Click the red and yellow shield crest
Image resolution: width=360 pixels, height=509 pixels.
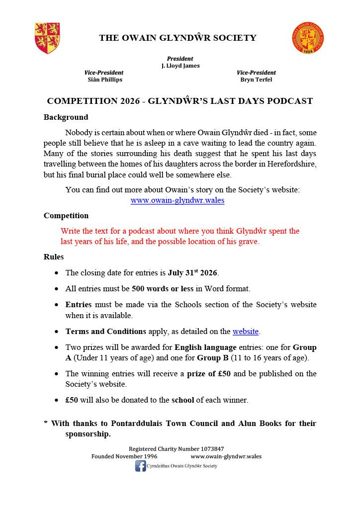coord(47,38)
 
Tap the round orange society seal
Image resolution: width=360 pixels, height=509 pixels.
coord(308,38)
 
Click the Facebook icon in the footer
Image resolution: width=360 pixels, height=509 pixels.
coord(141,466)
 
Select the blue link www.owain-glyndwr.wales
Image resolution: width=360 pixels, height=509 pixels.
coord(178,200)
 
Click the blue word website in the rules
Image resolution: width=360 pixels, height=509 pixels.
coord(246,331)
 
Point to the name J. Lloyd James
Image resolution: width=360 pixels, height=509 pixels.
coord(180,66)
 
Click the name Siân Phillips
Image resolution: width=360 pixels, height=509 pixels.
coord(104,80)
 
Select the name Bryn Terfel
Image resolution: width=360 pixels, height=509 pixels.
coord(256,80)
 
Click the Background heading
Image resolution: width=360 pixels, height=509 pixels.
coord(66,118)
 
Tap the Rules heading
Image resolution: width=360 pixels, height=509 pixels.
coord(54,257)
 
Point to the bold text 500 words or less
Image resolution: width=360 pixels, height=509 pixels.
coord(163,288)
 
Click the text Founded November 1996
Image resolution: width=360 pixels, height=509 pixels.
coord(124,456)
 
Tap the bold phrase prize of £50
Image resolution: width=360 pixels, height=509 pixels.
coord(209,374)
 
